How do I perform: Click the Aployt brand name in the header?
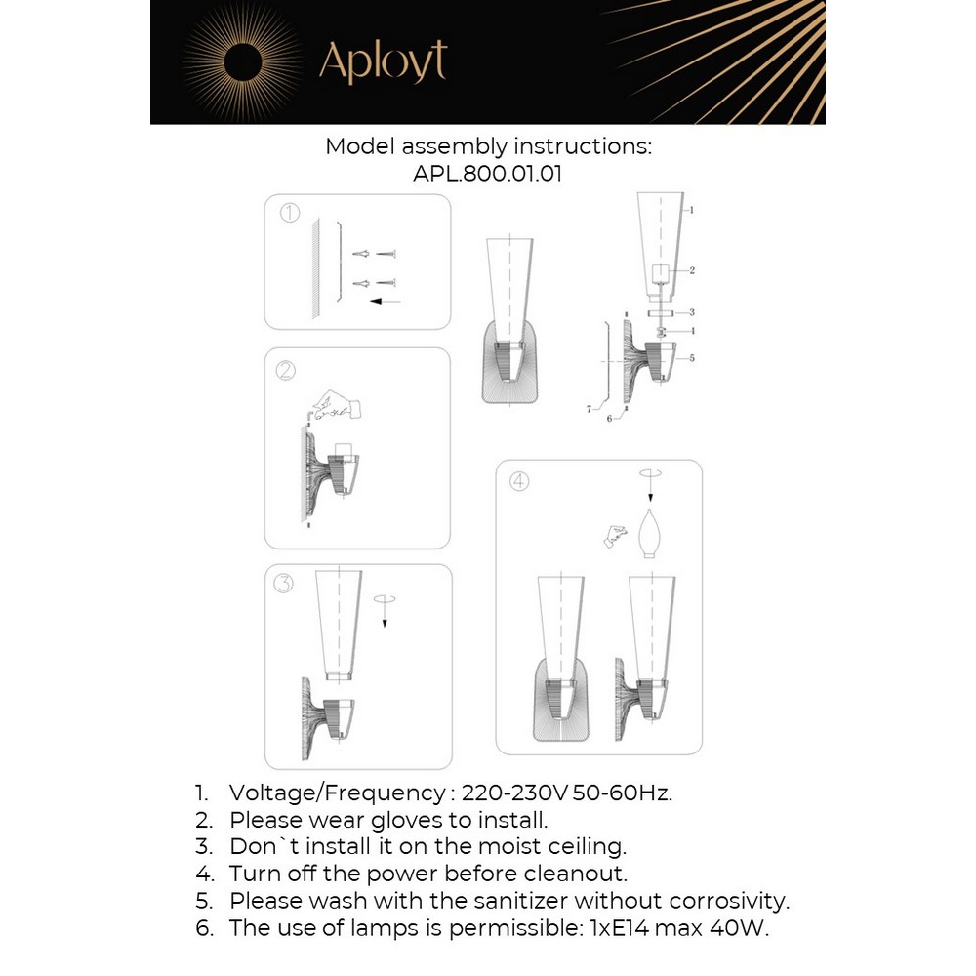(x=383, y=62)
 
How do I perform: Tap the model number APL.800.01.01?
(x=488, y=174)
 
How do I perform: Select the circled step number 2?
(x=286, y=370)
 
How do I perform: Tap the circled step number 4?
(x=518, y=480)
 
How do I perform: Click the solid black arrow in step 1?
(x=386, y=302)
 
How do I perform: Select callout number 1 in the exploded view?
(x=691, y=210)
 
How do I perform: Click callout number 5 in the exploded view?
(x=691, y=358)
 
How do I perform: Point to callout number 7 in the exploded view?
(x=589, y=410)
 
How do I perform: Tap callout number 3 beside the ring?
(x=691, y=313)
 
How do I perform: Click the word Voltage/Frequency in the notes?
(x=336, y=792)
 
